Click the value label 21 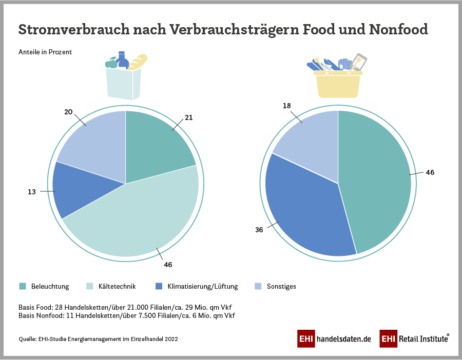189,117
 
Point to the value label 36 259,230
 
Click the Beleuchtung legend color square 23,286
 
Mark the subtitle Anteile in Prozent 45,52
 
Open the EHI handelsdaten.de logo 334,339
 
